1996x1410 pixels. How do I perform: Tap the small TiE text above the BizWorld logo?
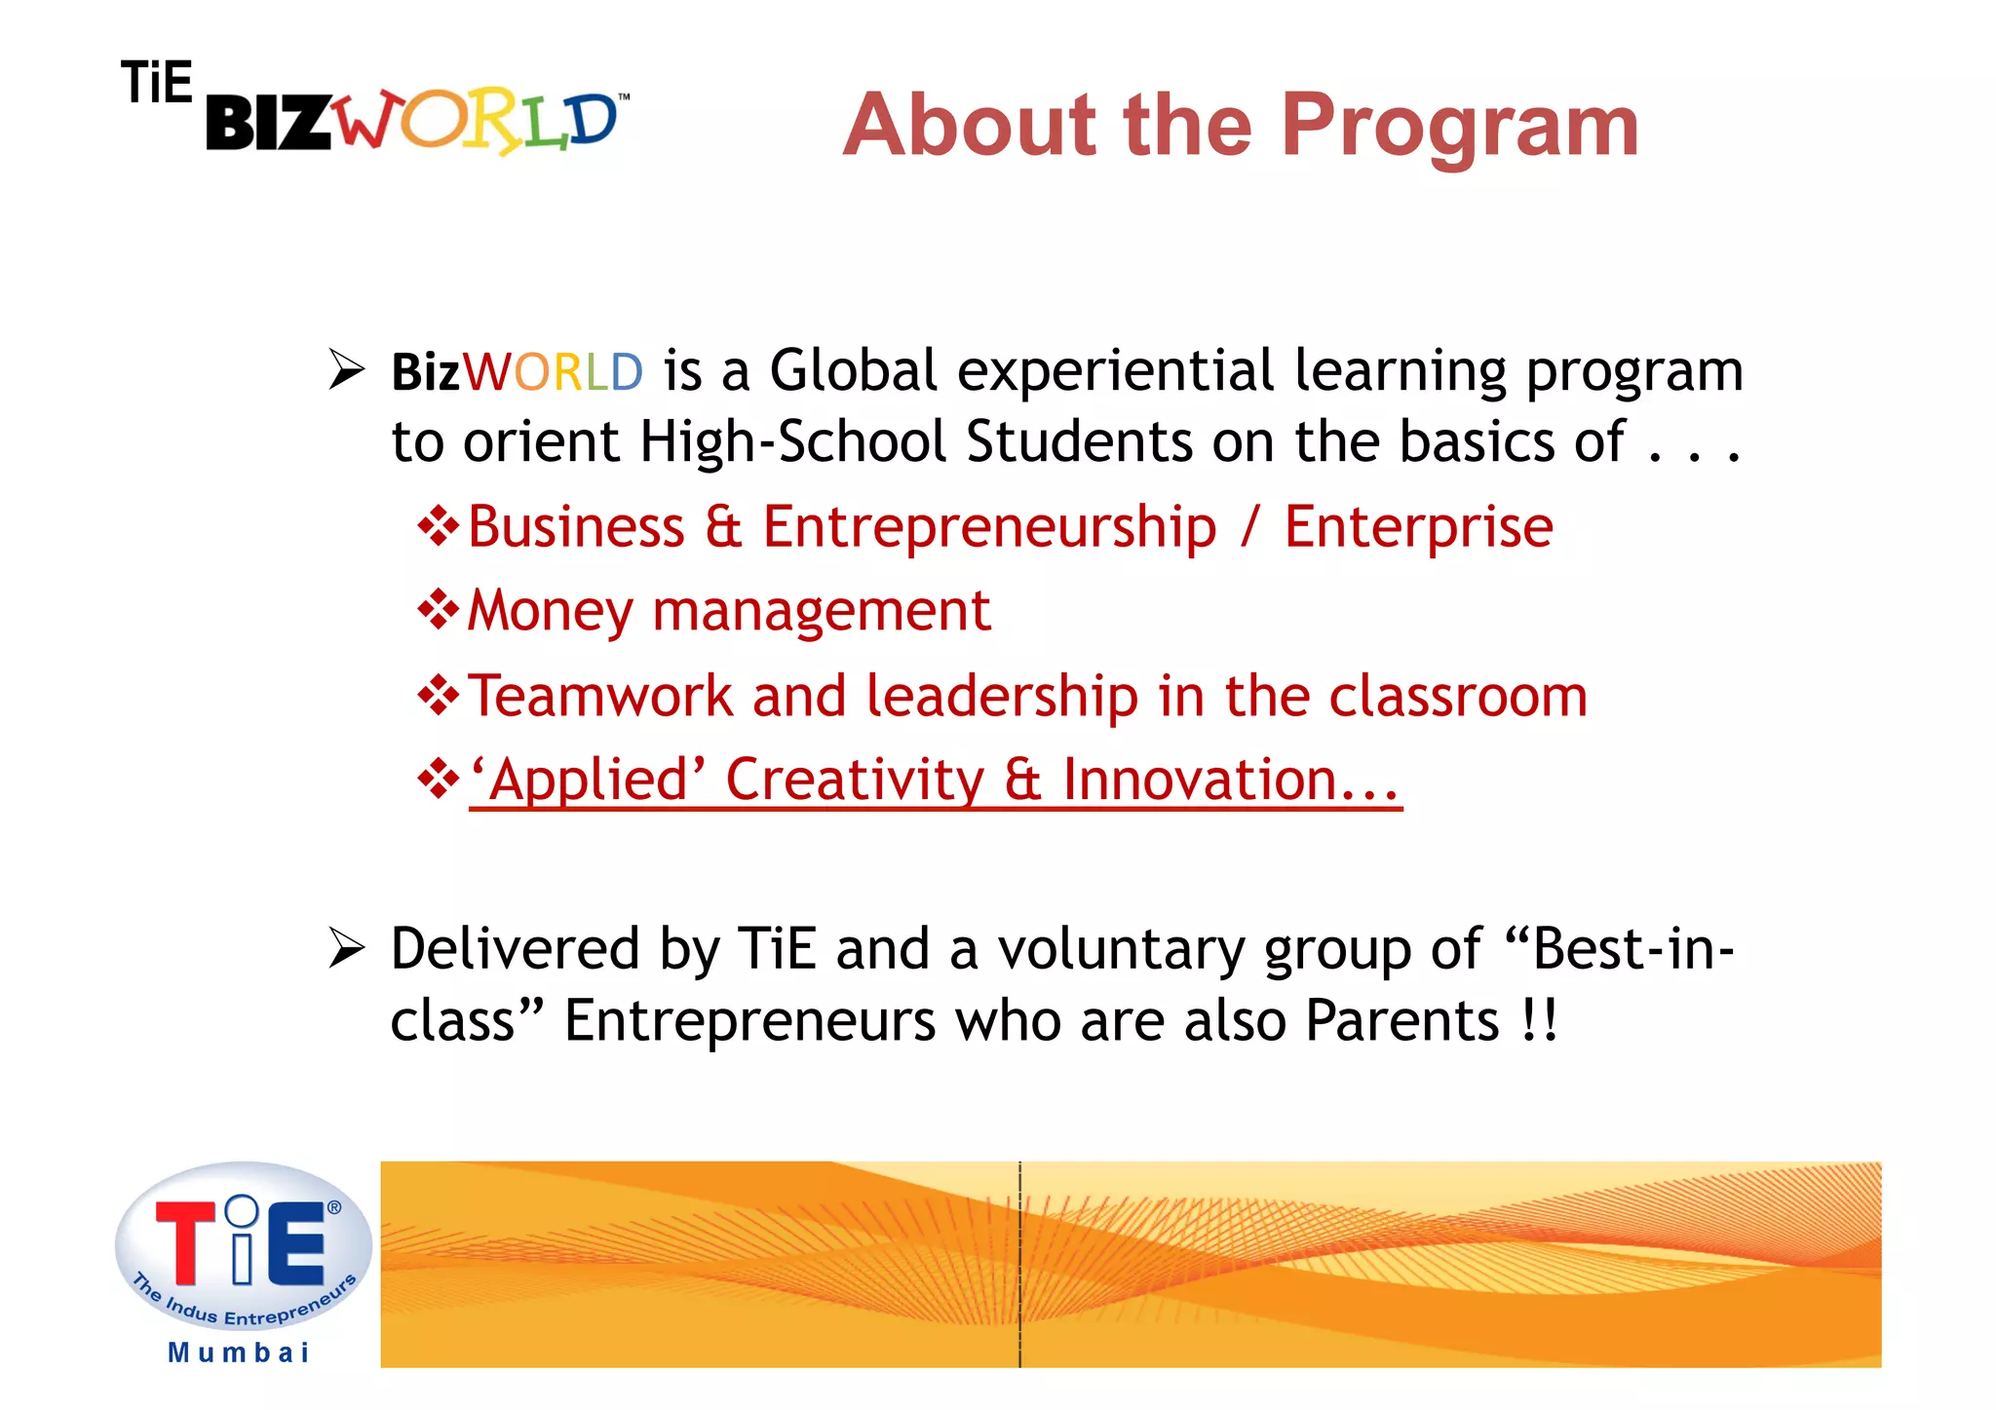[157, 82]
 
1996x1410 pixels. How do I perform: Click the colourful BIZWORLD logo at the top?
[414, 123]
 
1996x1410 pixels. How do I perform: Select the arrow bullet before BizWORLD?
[346, 369]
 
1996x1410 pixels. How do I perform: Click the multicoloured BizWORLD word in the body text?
[517, 372]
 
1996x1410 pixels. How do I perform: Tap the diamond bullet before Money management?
[438, 611]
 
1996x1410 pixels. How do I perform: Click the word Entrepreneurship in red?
[989, 527]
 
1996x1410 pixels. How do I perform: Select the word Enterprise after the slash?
[1418, 527]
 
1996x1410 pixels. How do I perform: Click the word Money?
[550, 612]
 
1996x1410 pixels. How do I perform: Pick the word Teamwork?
[599, 696]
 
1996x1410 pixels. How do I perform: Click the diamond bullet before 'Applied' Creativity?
[438, 780]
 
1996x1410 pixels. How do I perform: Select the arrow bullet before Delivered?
[346, 948]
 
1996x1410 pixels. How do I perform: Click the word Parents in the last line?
[1401, 1020]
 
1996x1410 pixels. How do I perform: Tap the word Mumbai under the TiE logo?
[239, 1353]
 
